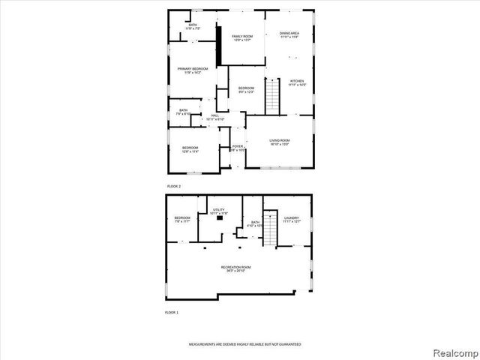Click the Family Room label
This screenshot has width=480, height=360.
pyautogui.click(x=241, y=38)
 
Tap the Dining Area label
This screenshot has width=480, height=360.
pyautogui.click(x=289, y=35)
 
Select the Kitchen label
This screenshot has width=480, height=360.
pyautogui.click(x=297, y=82)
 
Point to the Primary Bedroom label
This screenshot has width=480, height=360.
pyautogui.click(x=192, y=70)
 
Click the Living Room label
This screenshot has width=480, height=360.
pyautogui.click(x=280, y=142)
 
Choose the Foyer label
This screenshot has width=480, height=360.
pyautogui.click(x=237, y=148)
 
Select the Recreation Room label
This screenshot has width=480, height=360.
pyautogui.click(x=235, y=268)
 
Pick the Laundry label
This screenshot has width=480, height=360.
pyautogui.click(x=291, y=220)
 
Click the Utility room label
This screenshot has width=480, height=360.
pyautogui.click(x=218, y=213)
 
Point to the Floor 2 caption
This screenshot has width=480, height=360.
pyautogui.click(x=173, y=185)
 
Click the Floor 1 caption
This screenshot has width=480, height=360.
pyautogui.click(x=172, y=311)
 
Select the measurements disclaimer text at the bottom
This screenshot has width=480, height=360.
pyautogui.click(x=244, y=343)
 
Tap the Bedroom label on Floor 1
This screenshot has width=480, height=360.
pyautogui.click(x=182, y=220)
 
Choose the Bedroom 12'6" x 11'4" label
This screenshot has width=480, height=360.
pyautogui.click(x=190, y=149)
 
